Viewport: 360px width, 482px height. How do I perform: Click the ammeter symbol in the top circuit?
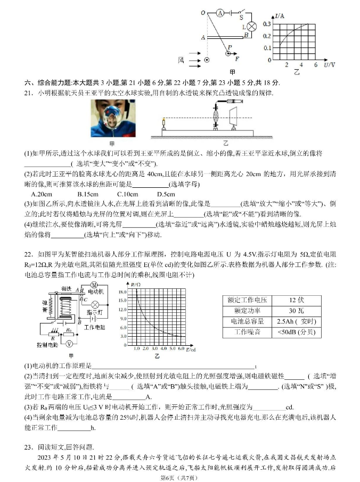coord(219,13)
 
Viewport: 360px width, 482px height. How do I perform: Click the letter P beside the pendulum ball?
coord(230,47)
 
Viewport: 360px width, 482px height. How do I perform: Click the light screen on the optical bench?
coord(233,117)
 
